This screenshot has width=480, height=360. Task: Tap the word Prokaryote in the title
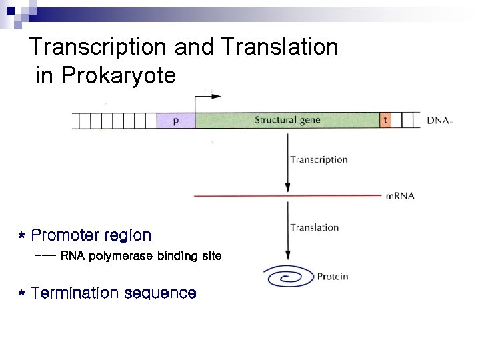click(x=118, y=76)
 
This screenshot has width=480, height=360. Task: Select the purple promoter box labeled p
click(x=175, y=121)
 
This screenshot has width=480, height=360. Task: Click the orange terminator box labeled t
click(x=385, y=121)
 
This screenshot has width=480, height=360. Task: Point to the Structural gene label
click(x=287, y=121)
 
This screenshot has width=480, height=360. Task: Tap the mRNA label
click(x=400, y=196)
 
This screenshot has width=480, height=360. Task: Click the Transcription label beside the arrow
click(x=319, y=160)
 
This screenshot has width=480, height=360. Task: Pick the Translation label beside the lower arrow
click(x=314, y=227)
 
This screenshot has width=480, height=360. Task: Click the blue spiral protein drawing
click(x=288, y=276)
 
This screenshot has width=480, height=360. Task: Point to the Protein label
click(x=332, y=276)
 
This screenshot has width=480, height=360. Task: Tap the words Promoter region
click(x=91, y=235)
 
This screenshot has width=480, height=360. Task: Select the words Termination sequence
click(x=114, y=293)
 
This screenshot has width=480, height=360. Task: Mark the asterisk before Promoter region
click(x=22, y=237)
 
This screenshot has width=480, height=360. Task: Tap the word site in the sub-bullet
click(x=211, y=256)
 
